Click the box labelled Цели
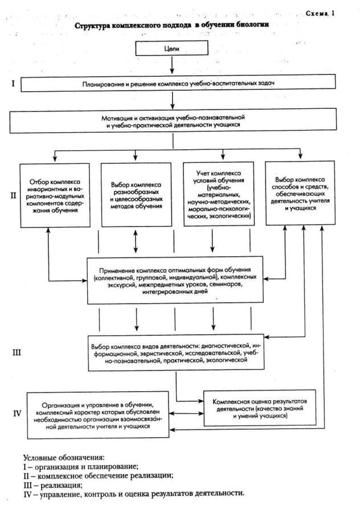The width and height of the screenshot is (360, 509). click(172, 49)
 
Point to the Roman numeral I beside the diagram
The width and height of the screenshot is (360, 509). click(13, 84)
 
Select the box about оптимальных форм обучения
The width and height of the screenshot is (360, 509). click(175, 280)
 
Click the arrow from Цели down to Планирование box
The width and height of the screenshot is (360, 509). click(172, 67)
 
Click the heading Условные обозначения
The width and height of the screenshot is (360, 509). click(63, 457)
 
